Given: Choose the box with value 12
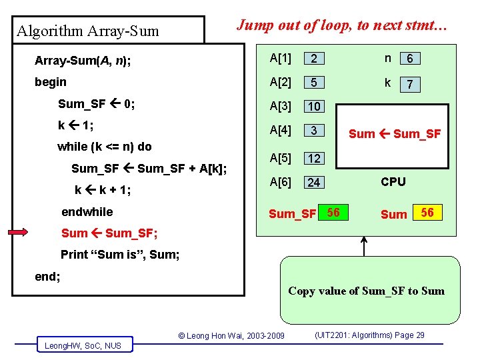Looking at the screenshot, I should pyautogui.click(x=314, y=158).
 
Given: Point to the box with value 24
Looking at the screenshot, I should pyautogui.click(x=314, y=182).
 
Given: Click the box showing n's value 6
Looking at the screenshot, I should pyautogui.click(x=409, y=59).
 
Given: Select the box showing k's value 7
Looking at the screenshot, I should pyautogui.click(x=409, y=85).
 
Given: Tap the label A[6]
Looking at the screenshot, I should pyautogui.click(x=280, y=182).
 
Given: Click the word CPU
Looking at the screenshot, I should pyautogui.click(x=393, y=181).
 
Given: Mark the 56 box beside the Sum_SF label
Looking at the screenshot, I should pyautogui.click(x=334, y=213).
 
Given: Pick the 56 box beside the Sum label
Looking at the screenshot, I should pyautogui.click(x=427, y=213).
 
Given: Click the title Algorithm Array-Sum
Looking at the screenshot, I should pyautogui.click(x=88, y=31).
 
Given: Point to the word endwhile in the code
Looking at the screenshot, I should pyautogui.click(x=87, y=212).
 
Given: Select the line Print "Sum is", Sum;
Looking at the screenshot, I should pyautogui.click(x=120, y=254).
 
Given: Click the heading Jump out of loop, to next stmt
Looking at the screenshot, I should pyautogui.click(x=343, y=25).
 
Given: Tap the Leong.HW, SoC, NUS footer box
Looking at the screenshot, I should pyautogui.click(x=83, y=345).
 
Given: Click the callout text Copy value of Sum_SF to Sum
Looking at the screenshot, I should pyautogui.click(x=366, y=291).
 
